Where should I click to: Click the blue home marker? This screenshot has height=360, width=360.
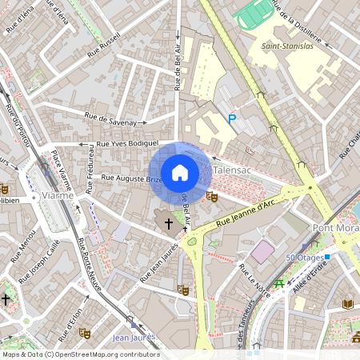(180, 172)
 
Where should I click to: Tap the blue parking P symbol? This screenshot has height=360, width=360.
(232, 119)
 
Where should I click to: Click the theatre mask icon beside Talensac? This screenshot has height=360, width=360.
(211, 196)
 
